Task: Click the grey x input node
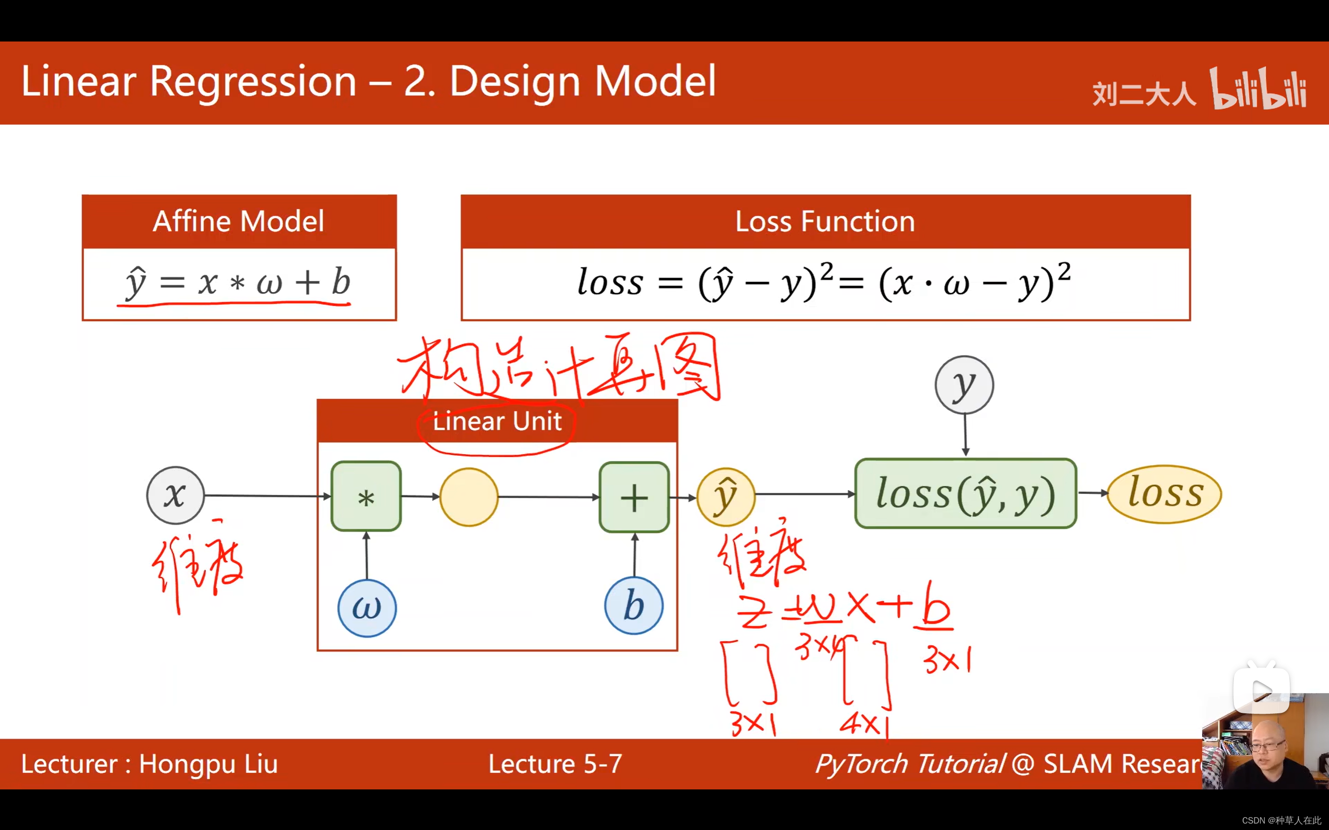[175, 495]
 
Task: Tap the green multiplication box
[366, 497]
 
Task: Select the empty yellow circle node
[468, 497]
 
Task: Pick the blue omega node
[366, 608]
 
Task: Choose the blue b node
[633, 606]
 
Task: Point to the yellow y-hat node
[725, 497]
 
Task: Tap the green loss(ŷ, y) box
[965, 493]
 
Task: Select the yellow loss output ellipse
[1164, 493]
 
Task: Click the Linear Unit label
[497, 421]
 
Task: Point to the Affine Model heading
[238, 221]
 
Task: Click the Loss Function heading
[825, 221]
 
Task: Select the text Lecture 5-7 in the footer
[555, 764]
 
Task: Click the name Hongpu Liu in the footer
[208, 764]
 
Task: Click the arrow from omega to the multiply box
[366, 556]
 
